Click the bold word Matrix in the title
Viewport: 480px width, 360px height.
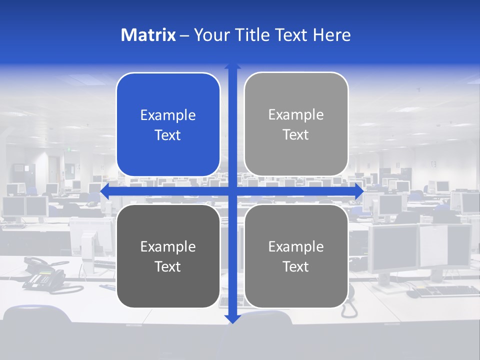(148, 35)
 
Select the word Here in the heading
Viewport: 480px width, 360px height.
(331, 35)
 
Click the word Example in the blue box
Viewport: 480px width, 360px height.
(168, 115)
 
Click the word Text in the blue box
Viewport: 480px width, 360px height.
(168, 135)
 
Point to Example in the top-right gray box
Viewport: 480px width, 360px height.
(296, 115)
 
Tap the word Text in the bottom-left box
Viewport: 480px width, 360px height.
(168, 267)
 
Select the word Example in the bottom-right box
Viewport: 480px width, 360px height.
(296, 247)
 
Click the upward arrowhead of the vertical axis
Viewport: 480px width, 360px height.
(232, 66)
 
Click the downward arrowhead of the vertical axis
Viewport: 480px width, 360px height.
(232, 319)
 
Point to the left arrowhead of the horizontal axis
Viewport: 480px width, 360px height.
(104, 191)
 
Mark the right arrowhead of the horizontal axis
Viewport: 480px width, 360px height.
(359, 191)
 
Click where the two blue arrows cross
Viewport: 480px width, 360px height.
(232, 191)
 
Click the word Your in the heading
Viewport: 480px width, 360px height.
(212, 35)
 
